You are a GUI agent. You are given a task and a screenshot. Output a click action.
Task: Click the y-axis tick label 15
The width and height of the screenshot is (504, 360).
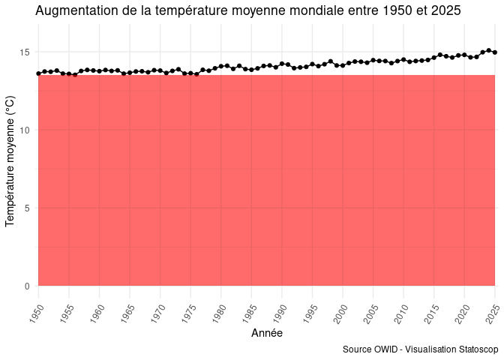tap(25, 52)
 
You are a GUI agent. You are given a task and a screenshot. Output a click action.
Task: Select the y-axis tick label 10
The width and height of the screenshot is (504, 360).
tap(25, 130)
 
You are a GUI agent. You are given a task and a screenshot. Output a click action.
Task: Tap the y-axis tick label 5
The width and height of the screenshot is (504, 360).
tap(27, 208)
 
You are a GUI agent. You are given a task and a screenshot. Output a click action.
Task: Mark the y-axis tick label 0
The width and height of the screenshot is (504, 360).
tap(27, 286)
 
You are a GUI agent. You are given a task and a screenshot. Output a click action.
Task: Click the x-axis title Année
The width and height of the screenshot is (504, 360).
tap(266, 333)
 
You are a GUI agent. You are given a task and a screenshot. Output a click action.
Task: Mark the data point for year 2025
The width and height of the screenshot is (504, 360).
tap(495, 52)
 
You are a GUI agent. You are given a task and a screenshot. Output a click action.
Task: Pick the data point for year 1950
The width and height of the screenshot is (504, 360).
tap(38, 73)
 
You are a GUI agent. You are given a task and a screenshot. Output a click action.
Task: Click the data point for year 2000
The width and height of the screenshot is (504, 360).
tap(343, 65)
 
